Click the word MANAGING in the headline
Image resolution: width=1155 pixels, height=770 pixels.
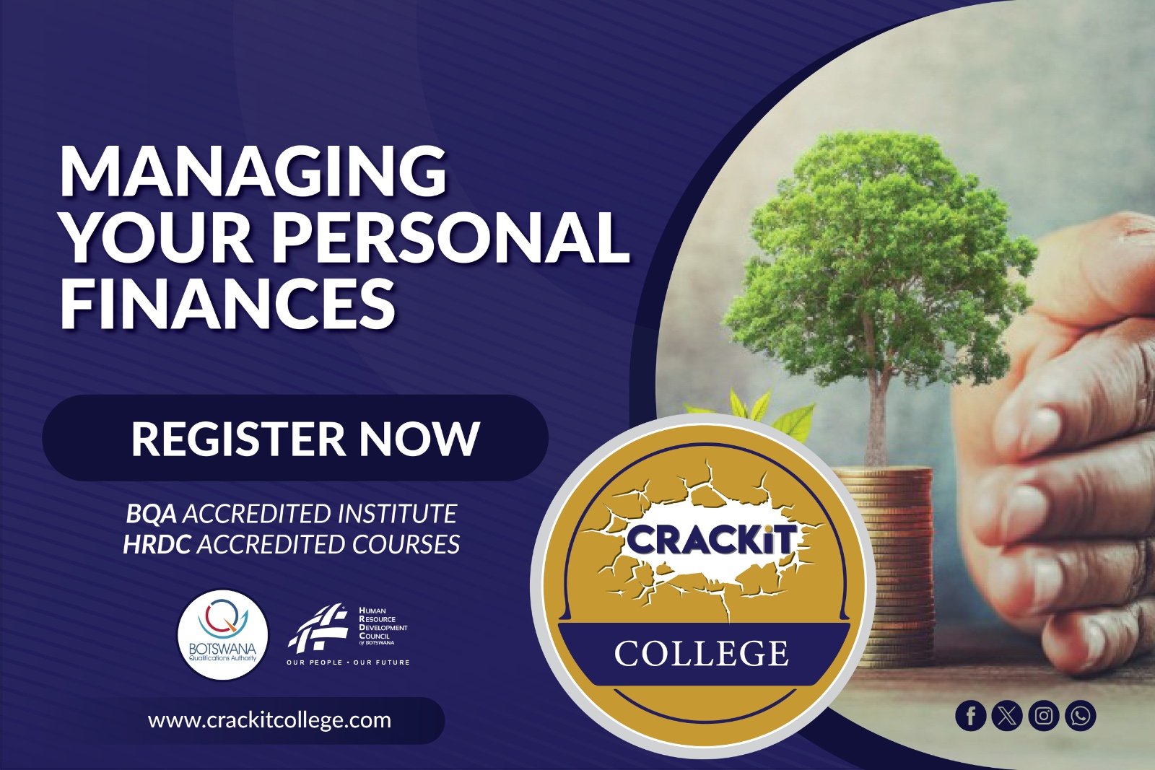point(253,172)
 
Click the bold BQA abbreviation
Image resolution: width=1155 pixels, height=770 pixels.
point(151,514)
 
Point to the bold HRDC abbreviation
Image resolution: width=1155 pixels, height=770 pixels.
point(157,544)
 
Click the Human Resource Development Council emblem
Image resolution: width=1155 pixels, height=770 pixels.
point(317,628)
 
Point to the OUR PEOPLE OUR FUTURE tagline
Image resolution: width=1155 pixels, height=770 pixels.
point(349,662)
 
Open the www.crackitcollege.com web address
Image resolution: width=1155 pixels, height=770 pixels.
point(270,720)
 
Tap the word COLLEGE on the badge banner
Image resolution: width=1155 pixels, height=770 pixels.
point(701,653)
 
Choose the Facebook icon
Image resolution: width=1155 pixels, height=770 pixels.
point(970,716)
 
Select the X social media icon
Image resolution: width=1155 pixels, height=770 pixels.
point(1007,716)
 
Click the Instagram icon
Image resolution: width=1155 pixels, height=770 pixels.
point(1044,716)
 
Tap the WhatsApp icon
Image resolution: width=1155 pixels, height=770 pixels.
point(1080,716)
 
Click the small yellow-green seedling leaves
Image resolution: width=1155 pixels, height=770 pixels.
point(758,412)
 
